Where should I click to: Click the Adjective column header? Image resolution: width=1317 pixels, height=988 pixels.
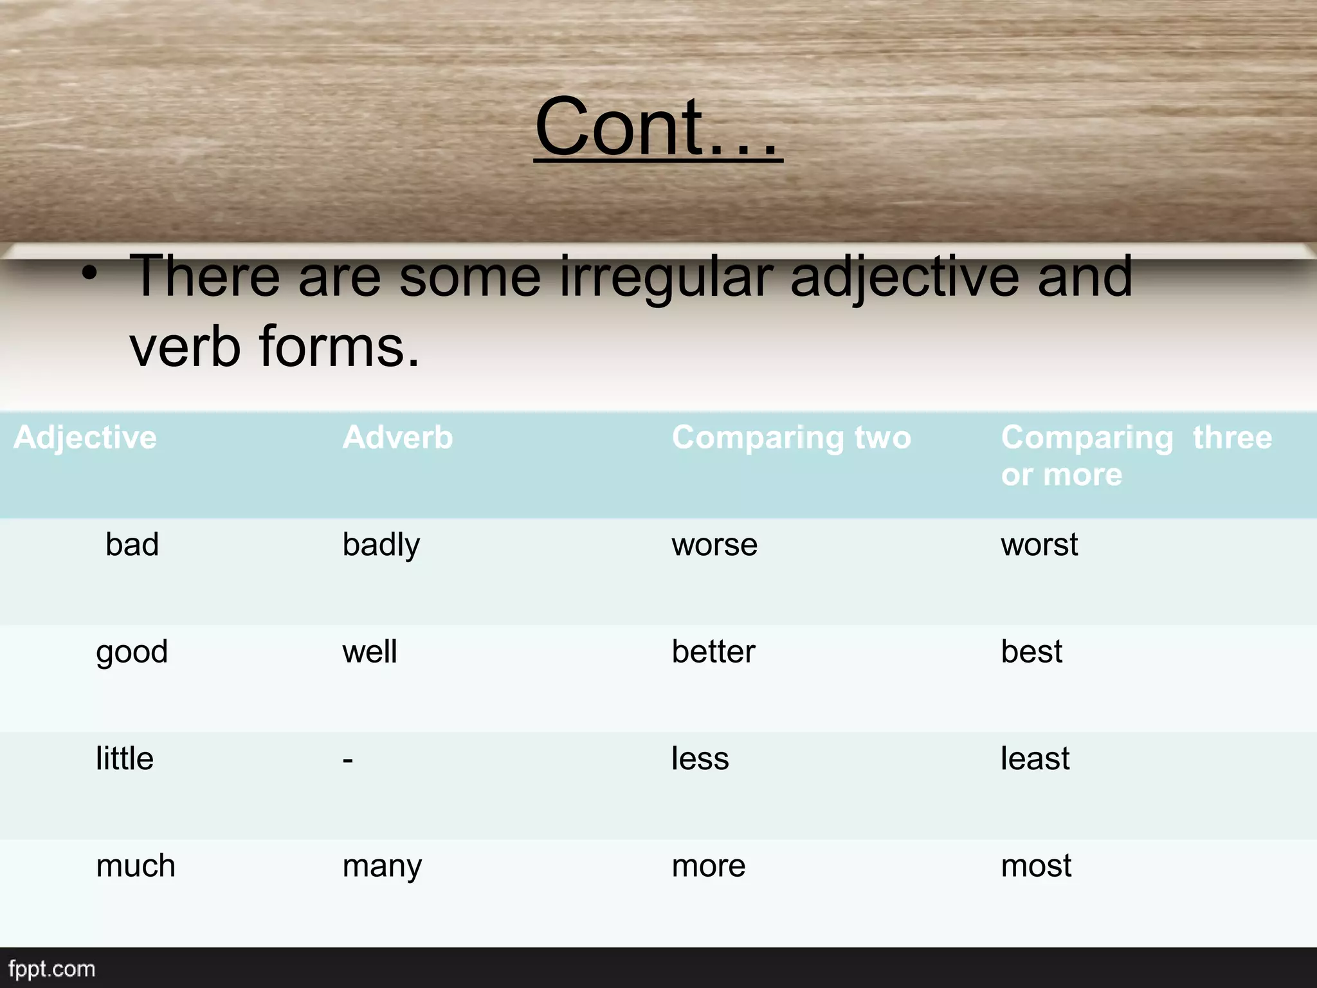coord(85,438)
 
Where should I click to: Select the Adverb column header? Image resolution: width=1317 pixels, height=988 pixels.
coord(397,438)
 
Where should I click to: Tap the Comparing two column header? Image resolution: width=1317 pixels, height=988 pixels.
coord(791,438)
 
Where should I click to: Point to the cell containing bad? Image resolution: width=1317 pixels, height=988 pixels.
coord(132,545)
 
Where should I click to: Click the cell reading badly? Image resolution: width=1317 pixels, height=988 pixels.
coord(381,545)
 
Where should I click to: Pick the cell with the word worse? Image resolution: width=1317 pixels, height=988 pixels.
coord(714,545)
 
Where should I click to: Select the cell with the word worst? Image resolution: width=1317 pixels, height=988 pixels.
coord(1039,545)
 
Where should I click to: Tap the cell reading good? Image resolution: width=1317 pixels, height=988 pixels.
coord(132,652)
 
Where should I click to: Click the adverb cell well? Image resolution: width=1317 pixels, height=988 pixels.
coord(370,652)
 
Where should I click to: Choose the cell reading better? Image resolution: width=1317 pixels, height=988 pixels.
coord(713,652)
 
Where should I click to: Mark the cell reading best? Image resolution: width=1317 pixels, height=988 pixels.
coord(1031,652)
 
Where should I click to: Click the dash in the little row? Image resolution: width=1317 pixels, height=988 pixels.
coord(348,760)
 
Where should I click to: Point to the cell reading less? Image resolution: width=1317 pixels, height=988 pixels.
coord(700,759)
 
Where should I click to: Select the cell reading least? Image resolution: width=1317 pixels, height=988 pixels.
coord(1035,759)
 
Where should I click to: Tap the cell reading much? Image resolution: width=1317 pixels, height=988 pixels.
coord(136,866)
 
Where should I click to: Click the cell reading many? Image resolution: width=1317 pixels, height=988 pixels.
coord(382,866)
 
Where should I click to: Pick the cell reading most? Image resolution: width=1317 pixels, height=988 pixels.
coord(1036,866)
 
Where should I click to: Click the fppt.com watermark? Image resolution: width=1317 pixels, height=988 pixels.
coord(52,969)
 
